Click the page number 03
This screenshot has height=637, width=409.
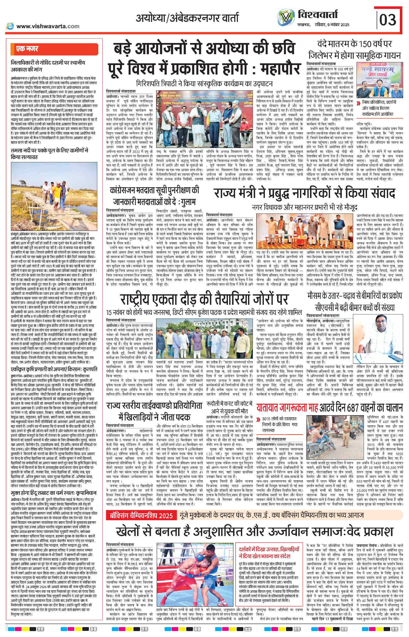388,20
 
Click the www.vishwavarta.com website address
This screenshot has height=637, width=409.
48,26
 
